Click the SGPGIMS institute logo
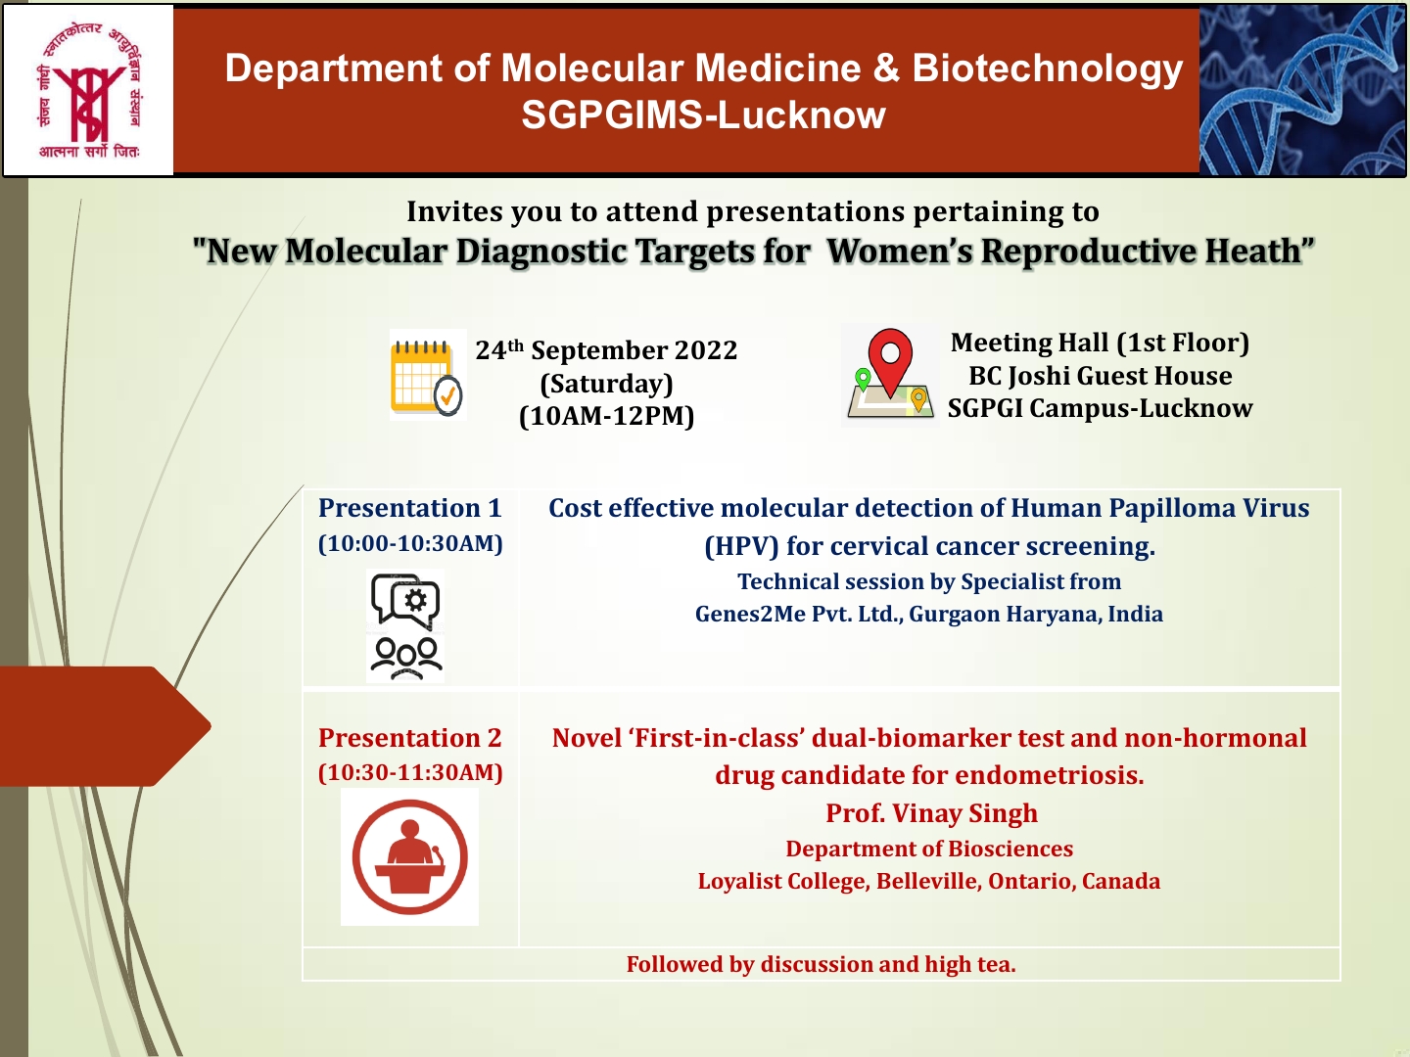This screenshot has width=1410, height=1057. point(89,91)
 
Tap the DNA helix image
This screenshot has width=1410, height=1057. point(1302,91)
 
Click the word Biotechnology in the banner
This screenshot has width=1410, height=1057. point(1047,69)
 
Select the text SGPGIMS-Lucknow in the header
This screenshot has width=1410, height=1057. point(703,115)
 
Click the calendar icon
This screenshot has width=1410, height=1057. point(427,376)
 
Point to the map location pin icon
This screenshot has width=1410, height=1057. point(889,376)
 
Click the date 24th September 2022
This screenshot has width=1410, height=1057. point(606,350)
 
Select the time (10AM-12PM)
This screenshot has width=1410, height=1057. point(606,416)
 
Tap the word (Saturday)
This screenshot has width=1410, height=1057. point(606,384)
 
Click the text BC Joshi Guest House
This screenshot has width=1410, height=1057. point(1100,376)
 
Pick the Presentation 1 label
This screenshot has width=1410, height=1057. point(409,508)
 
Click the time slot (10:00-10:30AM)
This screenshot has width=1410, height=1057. point(410,544)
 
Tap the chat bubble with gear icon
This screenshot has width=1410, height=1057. point(405,600)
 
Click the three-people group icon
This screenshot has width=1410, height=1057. point(405,658)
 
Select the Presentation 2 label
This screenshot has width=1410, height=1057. point(409,738)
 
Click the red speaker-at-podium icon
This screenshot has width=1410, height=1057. point(409,857)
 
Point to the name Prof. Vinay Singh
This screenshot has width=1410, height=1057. point(931,813)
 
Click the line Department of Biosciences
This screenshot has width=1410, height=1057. point(929,849)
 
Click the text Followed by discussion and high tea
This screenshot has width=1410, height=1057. point(821,965)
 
